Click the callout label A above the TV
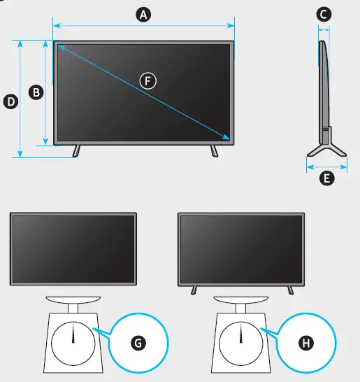[143, 14]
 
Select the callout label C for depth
[324, 14]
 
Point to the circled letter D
[10, 101]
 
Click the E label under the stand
[326, 178]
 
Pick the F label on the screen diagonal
[147, 80]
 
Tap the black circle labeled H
[305, 342]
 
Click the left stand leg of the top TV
[76, 150]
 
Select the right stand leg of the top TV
[214, 150]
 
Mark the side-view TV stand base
[326, 150]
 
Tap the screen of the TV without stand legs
[73, 248]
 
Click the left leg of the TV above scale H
[194, 290]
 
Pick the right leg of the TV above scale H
[289, 290]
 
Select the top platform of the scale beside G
[73, 300]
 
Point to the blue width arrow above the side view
[324, 29]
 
